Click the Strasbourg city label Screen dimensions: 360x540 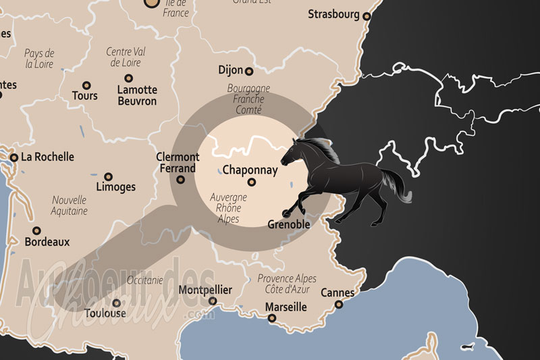[334, 14]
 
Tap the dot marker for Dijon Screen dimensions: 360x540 [249, 71]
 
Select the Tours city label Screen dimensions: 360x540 [84, 96]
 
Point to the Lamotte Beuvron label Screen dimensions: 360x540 [136, 95]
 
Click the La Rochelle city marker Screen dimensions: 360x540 [13, 157]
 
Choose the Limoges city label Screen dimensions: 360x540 [115, 187]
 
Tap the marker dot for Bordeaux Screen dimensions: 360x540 [36, 230]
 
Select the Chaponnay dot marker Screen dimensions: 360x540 [252, 182]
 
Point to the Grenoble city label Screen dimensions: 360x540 [288, 224]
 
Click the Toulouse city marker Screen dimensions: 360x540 [117, 303]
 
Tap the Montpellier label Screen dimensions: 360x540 [205, 290]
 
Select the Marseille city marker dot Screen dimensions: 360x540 [272, 317]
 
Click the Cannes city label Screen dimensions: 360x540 [337, 293]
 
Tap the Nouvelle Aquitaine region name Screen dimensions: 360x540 [69, 205]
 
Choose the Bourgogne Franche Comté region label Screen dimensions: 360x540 [248, 99]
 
